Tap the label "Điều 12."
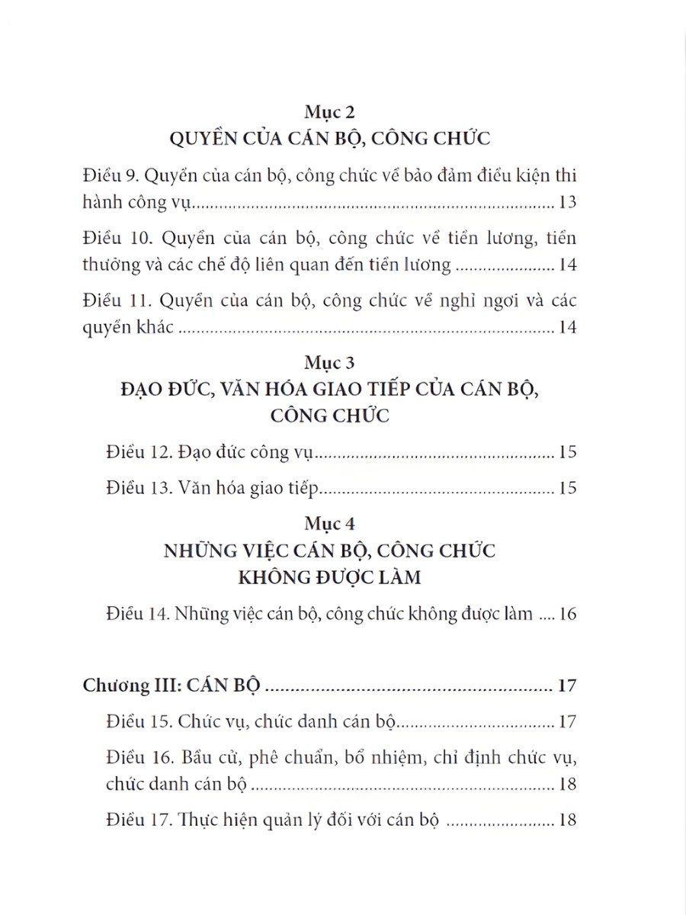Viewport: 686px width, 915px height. coord(139,452)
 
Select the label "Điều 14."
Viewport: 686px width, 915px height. coord(139,614)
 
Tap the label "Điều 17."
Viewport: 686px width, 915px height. coord(139,820)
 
